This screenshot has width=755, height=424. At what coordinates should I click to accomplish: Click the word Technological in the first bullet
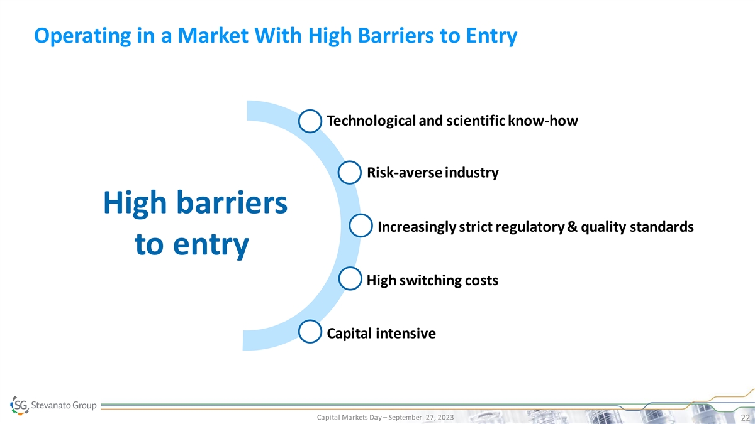click(x=371, y=121)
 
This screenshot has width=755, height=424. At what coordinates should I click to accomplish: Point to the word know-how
click(x=542, y=121)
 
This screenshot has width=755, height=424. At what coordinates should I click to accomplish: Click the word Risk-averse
click(x=404, y=173)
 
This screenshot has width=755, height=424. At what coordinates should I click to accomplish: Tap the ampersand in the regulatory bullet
click(x=573, y=227)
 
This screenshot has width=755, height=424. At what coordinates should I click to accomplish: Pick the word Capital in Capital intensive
click(x=350, y=334)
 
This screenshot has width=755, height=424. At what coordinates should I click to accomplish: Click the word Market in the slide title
click(x=213, y=35)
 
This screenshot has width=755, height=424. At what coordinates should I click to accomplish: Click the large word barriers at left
click(x=232, y=202)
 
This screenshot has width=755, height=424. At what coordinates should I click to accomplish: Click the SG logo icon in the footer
click(x=20, y=405)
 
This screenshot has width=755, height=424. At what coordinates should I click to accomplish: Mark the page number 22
click(x=745, y=418)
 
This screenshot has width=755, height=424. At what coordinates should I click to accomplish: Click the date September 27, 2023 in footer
click(x=421, y=417)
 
